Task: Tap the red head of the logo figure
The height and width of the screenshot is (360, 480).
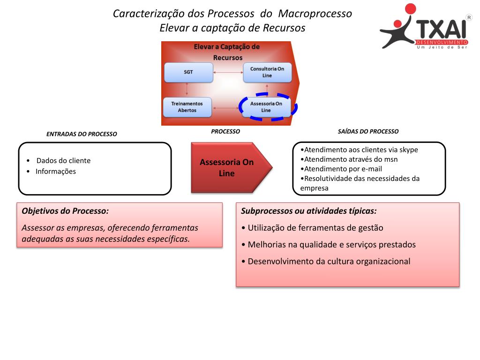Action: coord(410,9)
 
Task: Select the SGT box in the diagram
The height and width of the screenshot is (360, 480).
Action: coord(188,72)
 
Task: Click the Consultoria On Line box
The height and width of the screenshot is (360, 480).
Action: coord(267,72)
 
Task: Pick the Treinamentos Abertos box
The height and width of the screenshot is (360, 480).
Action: coord(187,107)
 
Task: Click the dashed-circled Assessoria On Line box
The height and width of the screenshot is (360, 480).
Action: coord(266,107)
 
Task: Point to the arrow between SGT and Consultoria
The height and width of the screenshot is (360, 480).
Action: coord(227,72)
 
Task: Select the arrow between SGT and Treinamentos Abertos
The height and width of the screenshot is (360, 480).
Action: coord(187,90)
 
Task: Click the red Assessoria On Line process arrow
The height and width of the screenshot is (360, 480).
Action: coord(227,168)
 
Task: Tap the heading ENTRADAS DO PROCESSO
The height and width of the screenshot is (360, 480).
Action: coord(82,134)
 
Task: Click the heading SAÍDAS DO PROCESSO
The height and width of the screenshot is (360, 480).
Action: coord(368,131)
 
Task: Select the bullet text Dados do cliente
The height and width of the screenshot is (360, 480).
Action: coord(63,160)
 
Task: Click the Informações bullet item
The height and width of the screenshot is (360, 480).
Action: coord(55,171)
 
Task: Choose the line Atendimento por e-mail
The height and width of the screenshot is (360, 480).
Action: coord(342,169)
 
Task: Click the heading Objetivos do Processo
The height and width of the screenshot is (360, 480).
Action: coord(65,211)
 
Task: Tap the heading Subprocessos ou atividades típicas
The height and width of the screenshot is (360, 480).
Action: coord(308,211)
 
